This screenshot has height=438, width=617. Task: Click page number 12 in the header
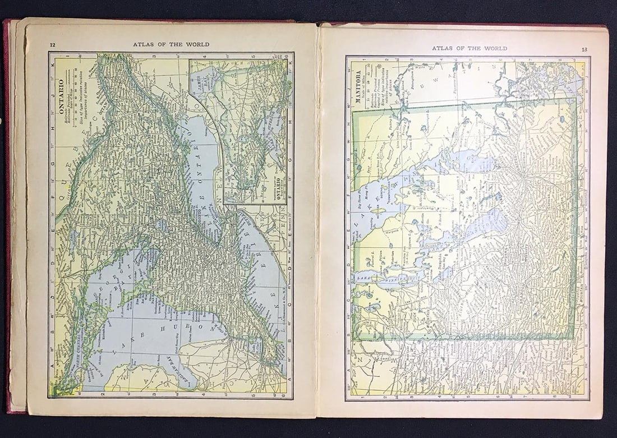[x=52, y=45]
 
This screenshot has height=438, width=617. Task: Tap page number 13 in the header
[x=584, y=49]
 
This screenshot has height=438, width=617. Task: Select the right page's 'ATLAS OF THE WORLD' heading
[x=469, y=48]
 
